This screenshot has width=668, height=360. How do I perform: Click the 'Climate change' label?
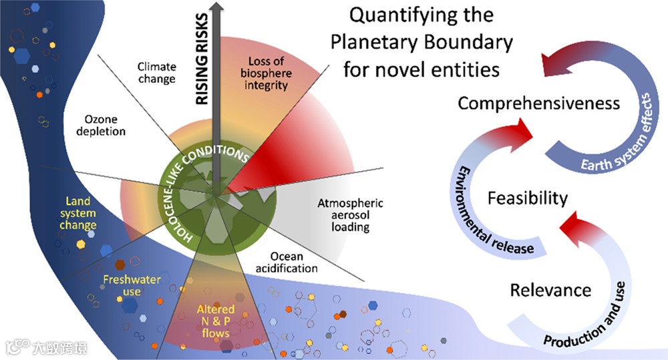(x=156, y=72)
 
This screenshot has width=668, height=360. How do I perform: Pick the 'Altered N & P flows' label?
(x=215, y=321)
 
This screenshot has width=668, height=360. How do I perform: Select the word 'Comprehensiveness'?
(x=538, y=104)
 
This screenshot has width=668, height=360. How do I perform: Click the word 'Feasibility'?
(x=527, y=198)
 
